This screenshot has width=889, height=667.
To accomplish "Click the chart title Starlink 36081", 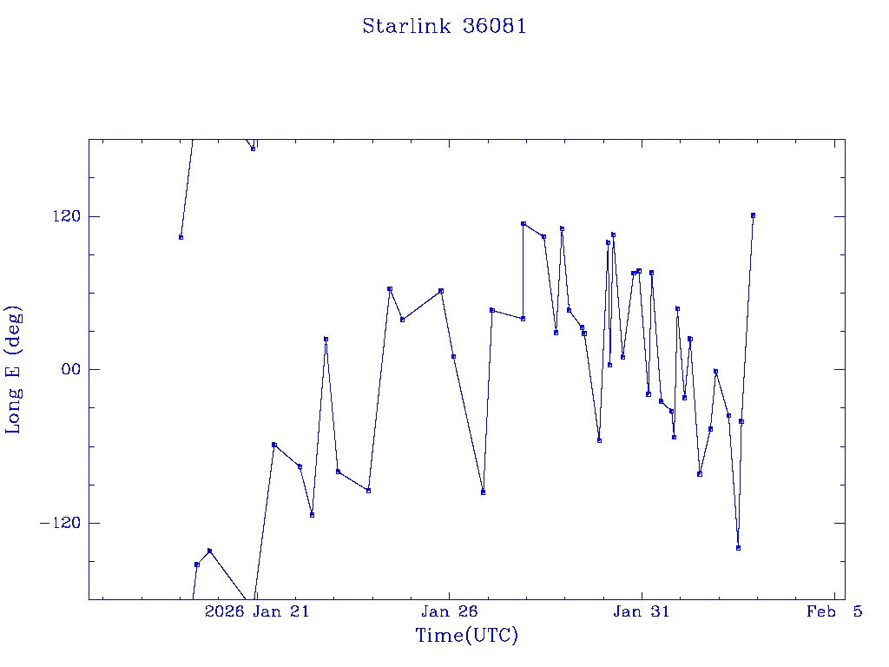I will [444, 26].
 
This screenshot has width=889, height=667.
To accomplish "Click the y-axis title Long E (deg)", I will [14, 370].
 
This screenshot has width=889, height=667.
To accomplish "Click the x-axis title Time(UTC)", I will [467, 636].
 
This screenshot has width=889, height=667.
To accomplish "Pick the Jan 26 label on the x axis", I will [449, 612].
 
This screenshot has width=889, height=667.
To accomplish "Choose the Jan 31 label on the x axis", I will [642, 612].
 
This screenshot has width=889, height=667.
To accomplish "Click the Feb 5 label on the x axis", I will [833, 612].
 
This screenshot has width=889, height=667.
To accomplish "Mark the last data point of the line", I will [753, 215].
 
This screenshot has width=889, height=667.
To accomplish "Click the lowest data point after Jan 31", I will [738, 548].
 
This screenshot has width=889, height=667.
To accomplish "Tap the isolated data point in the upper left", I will [181, 237].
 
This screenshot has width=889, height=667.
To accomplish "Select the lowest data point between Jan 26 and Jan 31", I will [483, 492].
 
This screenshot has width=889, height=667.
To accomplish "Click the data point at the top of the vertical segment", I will [523, 223].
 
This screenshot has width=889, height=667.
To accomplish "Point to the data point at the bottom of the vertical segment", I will [523, 319].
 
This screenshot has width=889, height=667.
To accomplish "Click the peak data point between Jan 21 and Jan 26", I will [390, 288].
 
